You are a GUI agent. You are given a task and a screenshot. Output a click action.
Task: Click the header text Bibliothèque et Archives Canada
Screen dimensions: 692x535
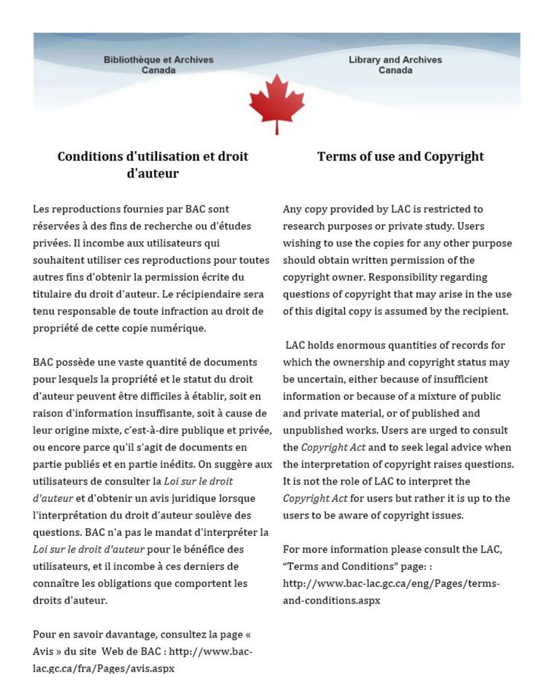tap(158, 65)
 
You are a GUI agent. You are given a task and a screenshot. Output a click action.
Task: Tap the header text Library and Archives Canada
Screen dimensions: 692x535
tap(395, 65)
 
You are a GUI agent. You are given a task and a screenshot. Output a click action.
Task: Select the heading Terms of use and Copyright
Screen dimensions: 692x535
tap(400, 156)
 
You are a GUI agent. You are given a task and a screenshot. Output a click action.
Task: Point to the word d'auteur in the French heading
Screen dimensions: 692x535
tap(152, 173)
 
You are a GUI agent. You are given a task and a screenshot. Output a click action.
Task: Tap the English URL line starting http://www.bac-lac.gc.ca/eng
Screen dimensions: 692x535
tap(391, 583)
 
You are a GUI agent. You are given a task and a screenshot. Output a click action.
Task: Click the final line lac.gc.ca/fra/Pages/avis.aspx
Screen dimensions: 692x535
tap(103, 668)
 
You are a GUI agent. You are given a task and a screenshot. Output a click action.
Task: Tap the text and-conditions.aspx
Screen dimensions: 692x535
tap(331, 600)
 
